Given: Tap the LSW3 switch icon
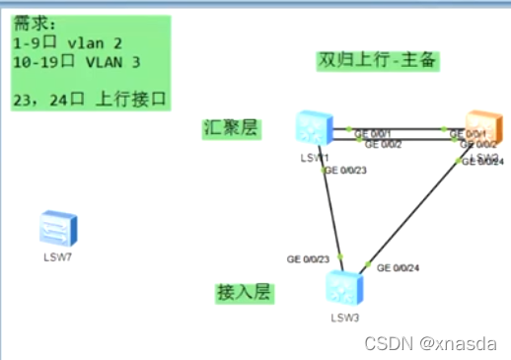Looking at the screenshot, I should pyautogui.click(x=344, y=287).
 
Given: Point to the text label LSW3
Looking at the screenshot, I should pyautogui.click(x=344, y=317).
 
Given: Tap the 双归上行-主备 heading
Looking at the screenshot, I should pyautogui.click(x=378, y=59).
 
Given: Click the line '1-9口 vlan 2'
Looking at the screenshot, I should pyautogui.click(x=58, y=43).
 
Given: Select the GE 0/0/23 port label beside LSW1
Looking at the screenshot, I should pyautogui.click(x=344, y=172).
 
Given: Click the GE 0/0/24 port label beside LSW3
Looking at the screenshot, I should pyautogui.click(x=399, y=267).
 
